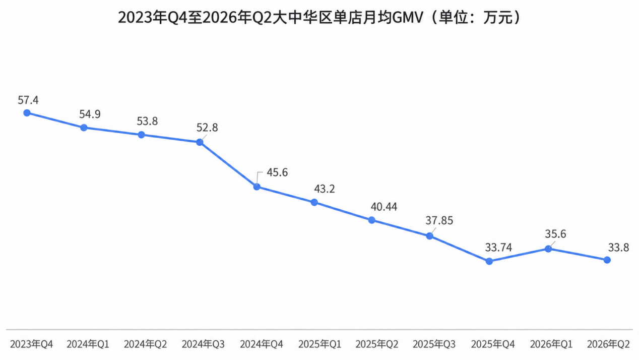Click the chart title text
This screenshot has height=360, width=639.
point(320,18)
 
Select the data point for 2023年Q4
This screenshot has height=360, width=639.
point(27,113)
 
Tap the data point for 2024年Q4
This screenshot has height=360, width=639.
point(257,187)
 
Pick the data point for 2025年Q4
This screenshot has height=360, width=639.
point(489,261)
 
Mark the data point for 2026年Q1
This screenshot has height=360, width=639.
point(548,249)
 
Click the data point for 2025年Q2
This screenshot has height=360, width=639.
point(372,220)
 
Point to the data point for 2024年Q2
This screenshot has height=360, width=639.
point(141,135)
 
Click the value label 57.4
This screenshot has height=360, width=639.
point(28,100)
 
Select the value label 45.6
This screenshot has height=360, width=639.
point(277,172)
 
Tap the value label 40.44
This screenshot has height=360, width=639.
point(384,207)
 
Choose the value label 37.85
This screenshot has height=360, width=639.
point(439,221)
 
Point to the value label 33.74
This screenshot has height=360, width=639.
point(498,248)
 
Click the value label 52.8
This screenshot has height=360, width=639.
point(207,128)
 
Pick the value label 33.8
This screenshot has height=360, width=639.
point(618,248)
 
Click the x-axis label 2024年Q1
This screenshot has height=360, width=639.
point(88,344)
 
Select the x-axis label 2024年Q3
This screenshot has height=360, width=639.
point(203,344)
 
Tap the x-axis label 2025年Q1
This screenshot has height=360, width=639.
point(320,344)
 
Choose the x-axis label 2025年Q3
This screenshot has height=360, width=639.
point(434,344)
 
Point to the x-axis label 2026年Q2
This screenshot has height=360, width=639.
point(608,344)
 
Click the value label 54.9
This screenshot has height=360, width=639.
point(90,114)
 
